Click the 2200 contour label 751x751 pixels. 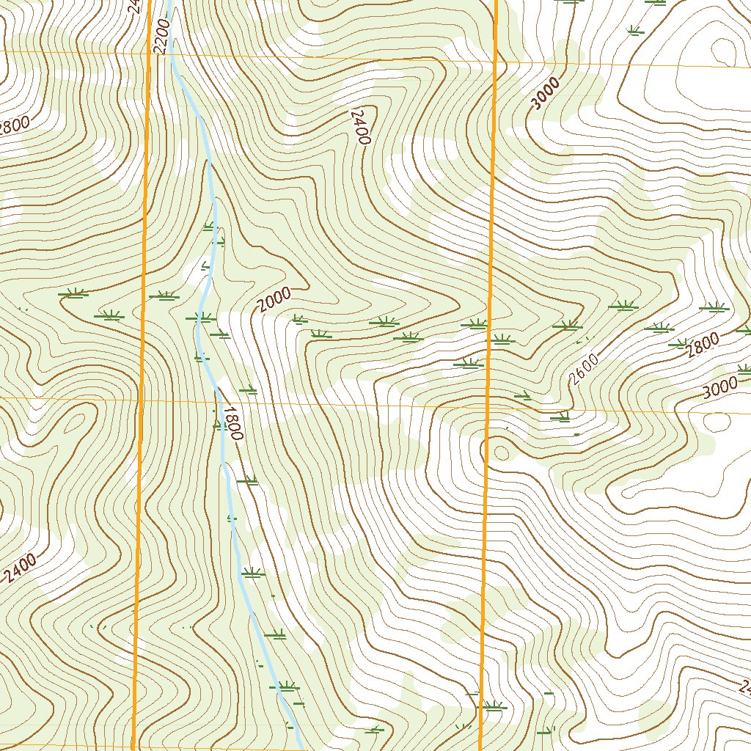coord(162,36)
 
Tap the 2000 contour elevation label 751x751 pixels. coord(275,299)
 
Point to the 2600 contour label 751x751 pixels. coord(585,369)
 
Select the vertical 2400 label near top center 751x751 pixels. coord(359,127)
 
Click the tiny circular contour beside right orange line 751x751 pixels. coord(502,450)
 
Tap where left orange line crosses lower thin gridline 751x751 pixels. coord(140,400)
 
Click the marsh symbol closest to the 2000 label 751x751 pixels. coord(299,319)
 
